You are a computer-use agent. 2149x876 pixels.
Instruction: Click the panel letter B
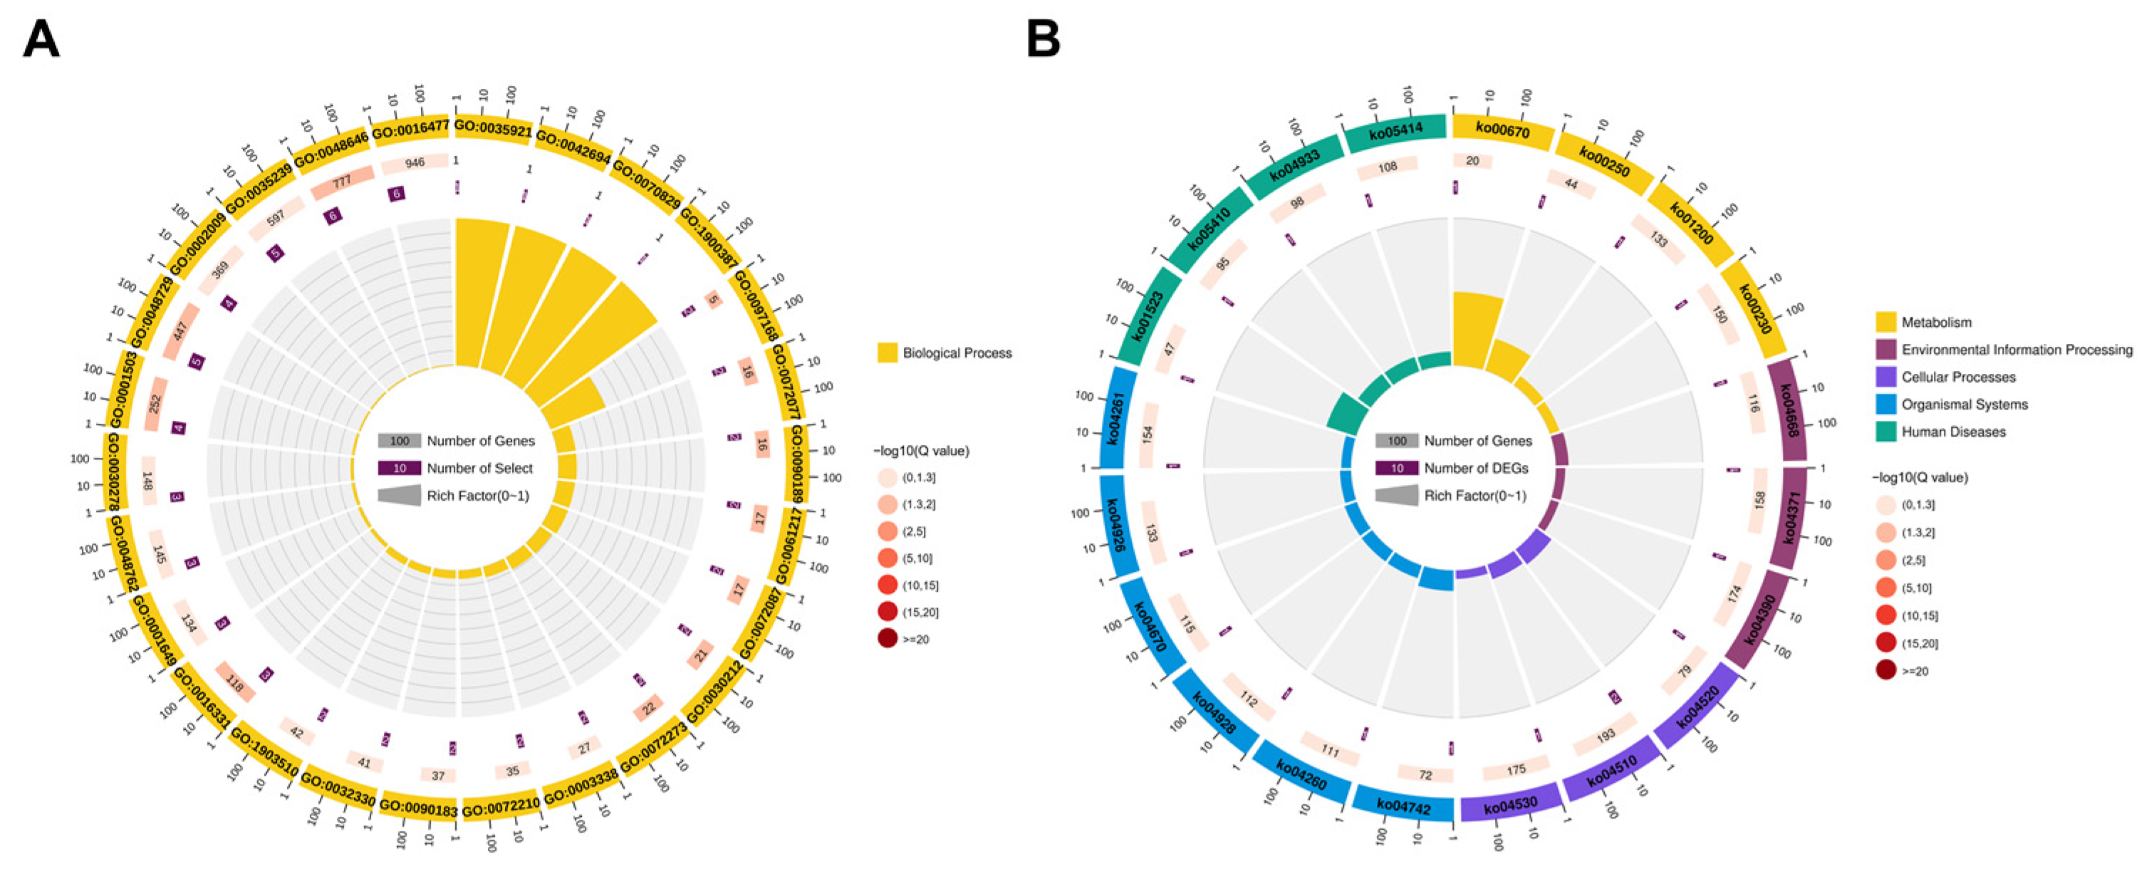1043,39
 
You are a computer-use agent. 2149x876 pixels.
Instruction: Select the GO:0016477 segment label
410,130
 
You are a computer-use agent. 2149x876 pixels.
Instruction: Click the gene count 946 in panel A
415,162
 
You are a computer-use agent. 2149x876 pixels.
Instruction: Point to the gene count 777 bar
342,181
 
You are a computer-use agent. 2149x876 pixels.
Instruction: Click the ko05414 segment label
1395,131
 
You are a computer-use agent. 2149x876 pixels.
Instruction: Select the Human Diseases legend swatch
1885,432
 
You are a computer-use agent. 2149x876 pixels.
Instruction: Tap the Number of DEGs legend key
1397,468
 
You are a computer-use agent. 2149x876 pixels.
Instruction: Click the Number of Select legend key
399,468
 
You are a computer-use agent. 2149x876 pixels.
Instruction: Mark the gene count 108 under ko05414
1388,167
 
